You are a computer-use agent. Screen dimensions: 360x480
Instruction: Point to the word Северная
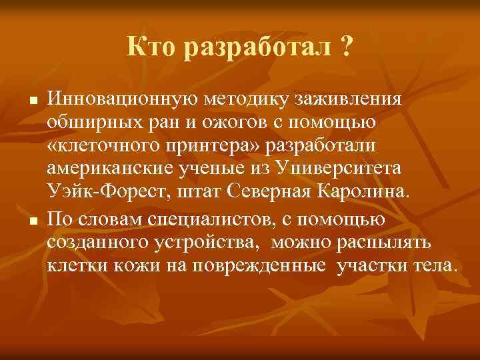(x=277, y=193)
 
